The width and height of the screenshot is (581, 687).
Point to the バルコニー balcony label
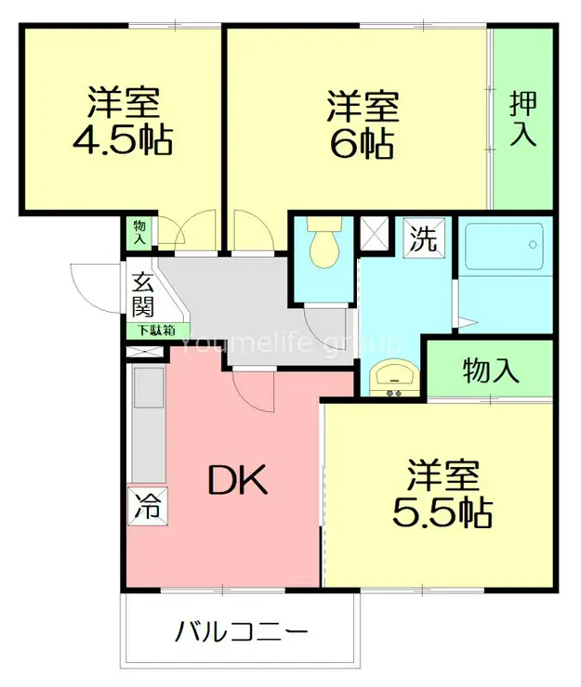242,634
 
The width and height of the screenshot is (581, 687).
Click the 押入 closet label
522,119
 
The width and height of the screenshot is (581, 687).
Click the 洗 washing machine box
424,239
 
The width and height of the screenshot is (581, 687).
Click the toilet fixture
324,243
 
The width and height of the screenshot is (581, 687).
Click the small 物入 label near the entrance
139,231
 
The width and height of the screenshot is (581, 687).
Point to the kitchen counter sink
149,388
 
